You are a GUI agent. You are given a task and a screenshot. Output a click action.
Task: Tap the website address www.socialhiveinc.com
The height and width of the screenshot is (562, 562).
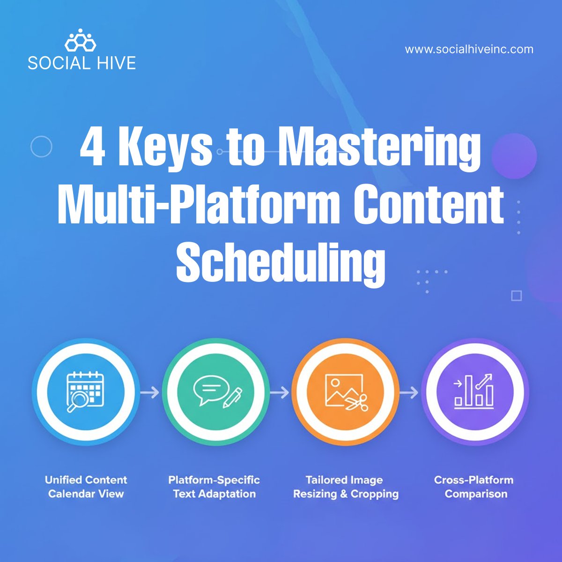(x=469, y=49)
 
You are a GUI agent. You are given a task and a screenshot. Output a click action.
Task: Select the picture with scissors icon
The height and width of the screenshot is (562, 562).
(x=346, y=392)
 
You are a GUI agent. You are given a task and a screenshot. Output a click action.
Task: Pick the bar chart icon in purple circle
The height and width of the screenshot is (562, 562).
(x=474, y=391)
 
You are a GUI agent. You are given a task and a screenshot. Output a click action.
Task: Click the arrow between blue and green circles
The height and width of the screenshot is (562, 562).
(x=150, y=392)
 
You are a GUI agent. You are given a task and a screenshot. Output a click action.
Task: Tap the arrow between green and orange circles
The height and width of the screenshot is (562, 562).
(x=280, y=392)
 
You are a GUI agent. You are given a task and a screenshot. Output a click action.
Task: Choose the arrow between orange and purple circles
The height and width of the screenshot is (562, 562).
(x=408, y=392)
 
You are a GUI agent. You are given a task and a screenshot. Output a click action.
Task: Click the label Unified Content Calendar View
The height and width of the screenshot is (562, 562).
(x=86, y=487)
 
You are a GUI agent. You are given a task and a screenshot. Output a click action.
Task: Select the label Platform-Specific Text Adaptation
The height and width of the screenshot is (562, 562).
(x=214, y=487)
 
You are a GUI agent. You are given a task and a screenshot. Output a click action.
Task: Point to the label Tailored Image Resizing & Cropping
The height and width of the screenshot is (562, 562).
(x=346, y=487)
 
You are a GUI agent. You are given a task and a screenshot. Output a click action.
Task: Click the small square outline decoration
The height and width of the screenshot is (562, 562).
(x=516, y=296)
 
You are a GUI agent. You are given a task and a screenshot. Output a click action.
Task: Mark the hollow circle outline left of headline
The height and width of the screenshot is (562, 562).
(x=41, y=147)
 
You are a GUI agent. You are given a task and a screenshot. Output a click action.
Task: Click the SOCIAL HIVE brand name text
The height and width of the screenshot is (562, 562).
(x=81, y=63)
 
